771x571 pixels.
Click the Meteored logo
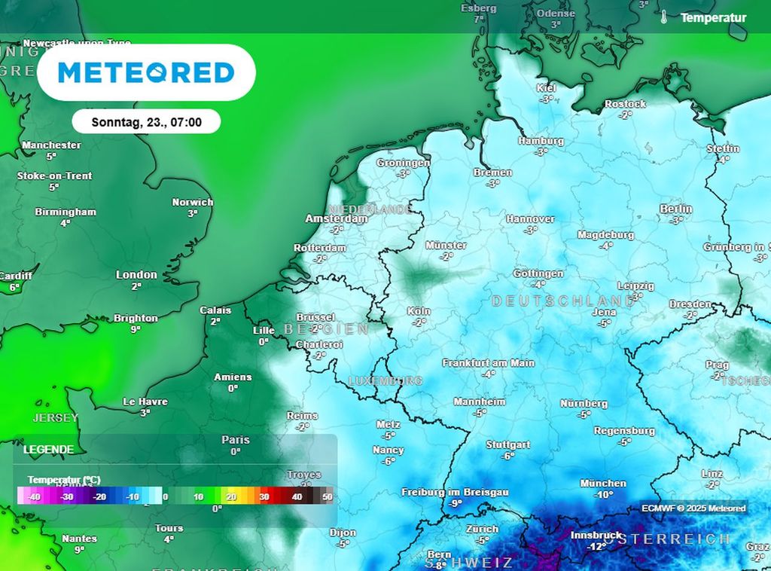(x=146, y=72)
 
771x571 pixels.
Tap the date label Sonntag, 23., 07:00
(x=146, y=121)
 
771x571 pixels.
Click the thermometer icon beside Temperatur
(x=664, y=17)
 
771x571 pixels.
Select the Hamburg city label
(x=541, y=141)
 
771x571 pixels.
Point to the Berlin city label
(x=675, y=209)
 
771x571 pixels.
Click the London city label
(x=136, y=275)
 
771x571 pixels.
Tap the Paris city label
(x=236, y=440)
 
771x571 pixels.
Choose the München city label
(x=602, y=483)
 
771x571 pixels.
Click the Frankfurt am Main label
(x=488, y=363)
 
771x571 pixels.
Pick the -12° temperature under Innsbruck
(x=596, y=546)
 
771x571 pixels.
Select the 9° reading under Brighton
(x=136, y=329)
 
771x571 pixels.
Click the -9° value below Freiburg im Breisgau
(x=455, y=503)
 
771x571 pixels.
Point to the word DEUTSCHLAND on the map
(x=562, y=301)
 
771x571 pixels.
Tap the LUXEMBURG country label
(x=385, y=381)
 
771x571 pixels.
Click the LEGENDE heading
(x=49, y=450)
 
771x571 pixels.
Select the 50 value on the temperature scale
(x=327, y=497)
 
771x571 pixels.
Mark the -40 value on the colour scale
(x=33, y=497)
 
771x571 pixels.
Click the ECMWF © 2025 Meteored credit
(x=693, y=508)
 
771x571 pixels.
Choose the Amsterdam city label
(x=336, y=218)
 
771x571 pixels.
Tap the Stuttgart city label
(x=508, y=444)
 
